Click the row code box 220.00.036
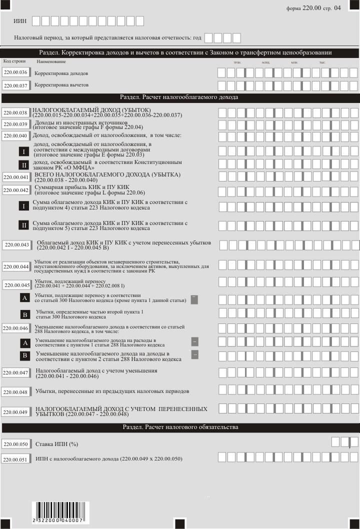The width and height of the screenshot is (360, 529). point(15,72)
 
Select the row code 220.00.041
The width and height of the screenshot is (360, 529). point(15,177)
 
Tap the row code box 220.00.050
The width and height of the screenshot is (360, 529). point(15,444)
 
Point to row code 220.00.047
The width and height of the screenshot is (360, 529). point(15,373)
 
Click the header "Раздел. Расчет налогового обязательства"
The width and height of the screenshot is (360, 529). point(180,427)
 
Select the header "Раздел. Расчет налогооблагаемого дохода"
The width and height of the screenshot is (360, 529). point(180,97)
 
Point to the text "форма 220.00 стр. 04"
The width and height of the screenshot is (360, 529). point(314,8)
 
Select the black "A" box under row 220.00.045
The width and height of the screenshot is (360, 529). point(24,298)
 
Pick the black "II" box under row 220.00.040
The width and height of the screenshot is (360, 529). point(23,165)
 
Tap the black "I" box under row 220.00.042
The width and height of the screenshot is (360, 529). point(23,206)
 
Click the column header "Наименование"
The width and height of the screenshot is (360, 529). point(51,61)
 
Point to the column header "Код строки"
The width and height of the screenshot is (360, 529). point(15,61)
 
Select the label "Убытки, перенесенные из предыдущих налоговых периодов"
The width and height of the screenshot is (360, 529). point(112,390)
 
